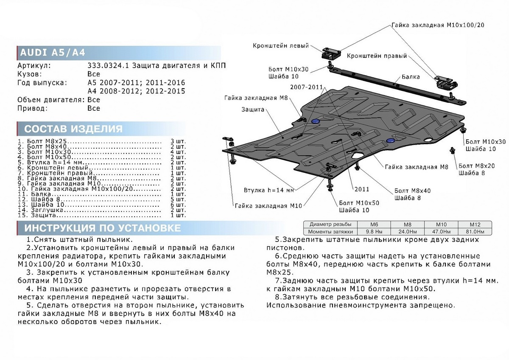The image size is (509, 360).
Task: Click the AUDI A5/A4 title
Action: tap(53, 53)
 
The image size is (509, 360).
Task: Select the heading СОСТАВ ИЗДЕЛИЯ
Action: tap(73, 129)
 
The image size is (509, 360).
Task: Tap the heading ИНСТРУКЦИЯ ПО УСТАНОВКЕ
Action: tap(102, 228)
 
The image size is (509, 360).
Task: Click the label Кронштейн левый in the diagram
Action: tap(281, 46)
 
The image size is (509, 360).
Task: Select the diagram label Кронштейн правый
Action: tap(377, 56)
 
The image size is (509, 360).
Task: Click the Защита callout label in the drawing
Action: tap(253, 110)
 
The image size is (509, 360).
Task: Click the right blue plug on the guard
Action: tap(390, 140)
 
